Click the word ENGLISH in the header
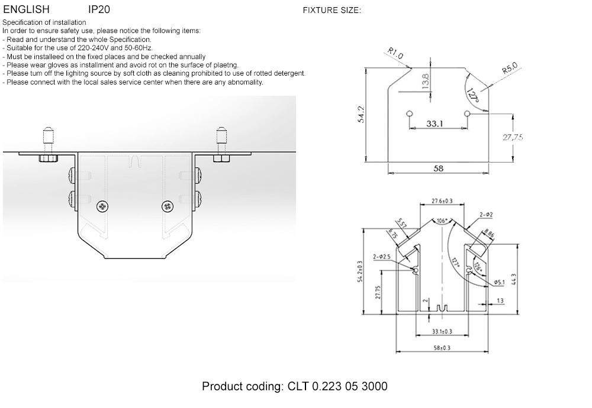tap(26, 9)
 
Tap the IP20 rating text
tap(99, 9)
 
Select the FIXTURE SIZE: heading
tap(332, 10)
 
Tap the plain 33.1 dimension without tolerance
tap(435, 124)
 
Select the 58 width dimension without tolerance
tap(438, 169)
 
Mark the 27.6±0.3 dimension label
tap(442, 202)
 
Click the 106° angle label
tap(441, 221)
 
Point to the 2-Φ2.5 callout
tap(381, 257)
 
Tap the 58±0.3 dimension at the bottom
tap(441, 348)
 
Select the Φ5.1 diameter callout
tap(498, 283)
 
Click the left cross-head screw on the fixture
tap(104, 206)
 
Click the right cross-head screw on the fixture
tap(168, 206)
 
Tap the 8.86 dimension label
tap(489, 234)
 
